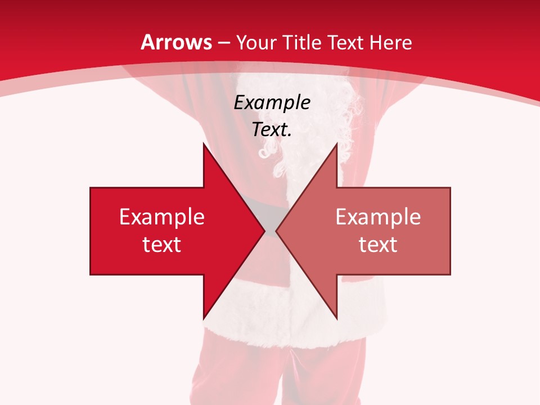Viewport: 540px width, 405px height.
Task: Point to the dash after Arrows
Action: [x=223, y=43]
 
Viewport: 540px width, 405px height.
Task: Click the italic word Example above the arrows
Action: [x=272, y=103]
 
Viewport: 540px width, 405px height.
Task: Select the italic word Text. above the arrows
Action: [x=272, y=130]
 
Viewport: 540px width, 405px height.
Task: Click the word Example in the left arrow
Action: [x=162, y=217]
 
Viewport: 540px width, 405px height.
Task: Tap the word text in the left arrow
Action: [x=162, y=245]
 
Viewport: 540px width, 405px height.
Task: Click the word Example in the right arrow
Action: [x=378, y=217]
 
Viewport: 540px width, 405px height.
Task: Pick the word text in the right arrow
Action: [x=378, y=245]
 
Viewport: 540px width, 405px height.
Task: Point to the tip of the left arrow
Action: [x=264, y=231]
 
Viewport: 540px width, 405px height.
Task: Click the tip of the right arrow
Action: [x=276, y=231]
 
